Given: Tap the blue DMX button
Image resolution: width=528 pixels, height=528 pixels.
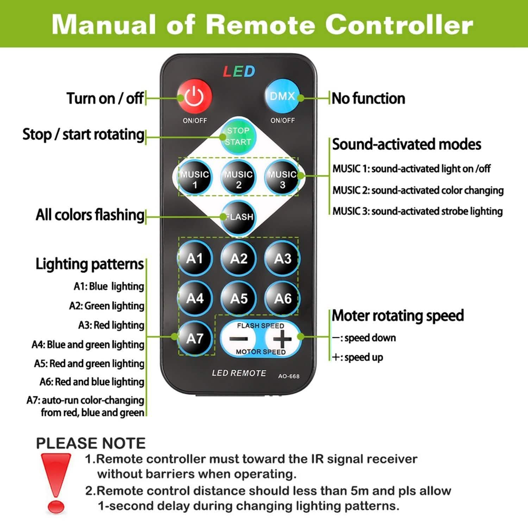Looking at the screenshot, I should (x=282, y=96).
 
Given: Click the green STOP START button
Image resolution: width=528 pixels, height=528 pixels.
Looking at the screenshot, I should (x=238, y=136).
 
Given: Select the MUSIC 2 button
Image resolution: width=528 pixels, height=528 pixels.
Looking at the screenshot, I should (x=238, y=179).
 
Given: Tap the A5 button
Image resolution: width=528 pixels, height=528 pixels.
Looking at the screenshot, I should (x=239, y=298).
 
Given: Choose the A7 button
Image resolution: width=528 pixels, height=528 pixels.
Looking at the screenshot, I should (x=195, y=338).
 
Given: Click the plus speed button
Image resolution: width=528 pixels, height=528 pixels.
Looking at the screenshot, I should (x=283, y=339).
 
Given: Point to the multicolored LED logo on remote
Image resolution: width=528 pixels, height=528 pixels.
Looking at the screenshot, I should (x=239, y=72).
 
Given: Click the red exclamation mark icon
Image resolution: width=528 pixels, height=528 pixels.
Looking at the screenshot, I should (x=56, y=482).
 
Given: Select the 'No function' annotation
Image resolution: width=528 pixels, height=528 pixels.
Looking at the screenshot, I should (x=368, y=99).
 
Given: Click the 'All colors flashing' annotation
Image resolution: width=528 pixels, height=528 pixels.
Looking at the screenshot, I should (x=90, y=215).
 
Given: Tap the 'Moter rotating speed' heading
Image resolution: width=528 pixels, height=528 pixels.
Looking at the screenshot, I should (x=398, y=315).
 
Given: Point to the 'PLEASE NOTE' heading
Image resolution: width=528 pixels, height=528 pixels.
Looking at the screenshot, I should (x=91, y=443).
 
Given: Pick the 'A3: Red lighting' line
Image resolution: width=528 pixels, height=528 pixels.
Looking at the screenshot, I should (x=111, y=325).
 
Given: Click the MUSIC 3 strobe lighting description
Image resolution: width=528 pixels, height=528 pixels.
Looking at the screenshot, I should (x=417, y=211).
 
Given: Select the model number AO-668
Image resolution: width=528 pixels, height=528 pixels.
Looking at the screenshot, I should (x=289, y=376).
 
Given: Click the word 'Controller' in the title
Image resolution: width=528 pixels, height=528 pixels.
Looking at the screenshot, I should (x=399, y=25).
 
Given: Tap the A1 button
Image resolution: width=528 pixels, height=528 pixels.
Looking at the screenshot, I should (x=195, y=258).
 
